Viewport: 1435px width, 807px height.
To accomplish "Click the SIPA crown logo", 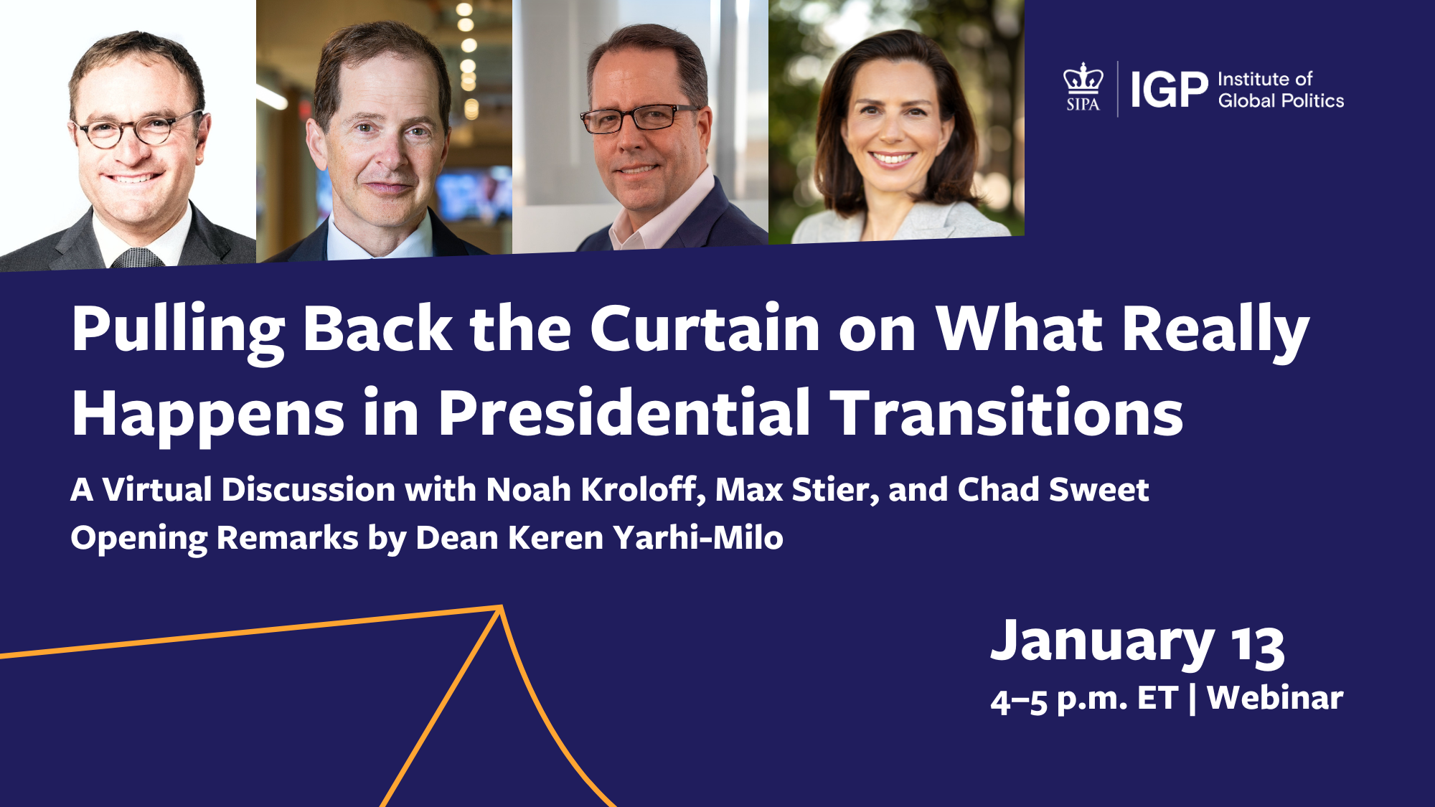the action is [1083, 87].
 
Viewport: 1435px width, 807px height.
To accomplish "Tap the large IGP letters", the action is [1170, 90].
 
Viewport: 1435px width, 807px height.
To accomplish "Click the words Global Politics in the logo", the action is [1281, 101].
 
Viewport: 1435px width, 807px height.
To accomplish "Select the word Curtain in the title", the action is [705, 329].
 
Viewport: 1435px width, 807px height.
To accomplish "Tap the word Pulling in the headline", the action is [178, 332].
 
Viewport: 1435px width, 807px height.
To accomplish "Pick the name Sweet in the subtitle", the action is [1098, 489].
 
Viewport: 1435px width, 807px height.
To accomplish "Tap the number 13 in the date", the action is [1258, 646].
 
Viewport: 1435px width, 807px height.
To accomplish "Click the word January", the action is [1103, 643].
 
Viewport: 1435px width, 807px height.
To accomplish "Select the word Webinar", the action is [1275, 697].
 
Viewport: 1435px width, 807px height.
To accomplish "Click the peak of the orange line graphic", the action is [500, 608].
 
